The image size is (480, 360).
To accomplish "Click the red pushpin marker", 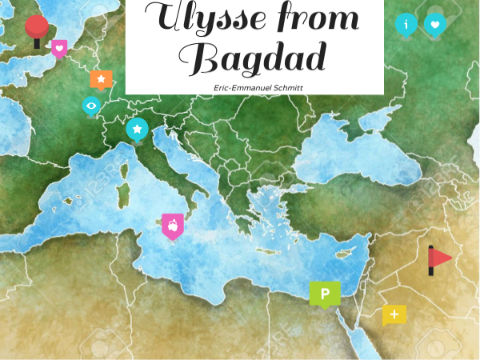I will pos(36,28).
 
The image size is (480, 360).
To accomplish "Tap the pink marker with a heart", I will pos(59,48).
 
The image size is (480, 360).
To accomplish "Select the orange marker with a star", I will pos(101,78).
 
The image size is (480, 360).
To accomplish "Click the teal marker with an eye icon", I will pos(92,105).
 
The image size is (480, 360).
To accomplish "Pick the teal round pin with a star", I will pos(138,128).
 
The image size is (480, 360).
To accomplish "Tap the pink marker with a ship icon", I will pos(172,226).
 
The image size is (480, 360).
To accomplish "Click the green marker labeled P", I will pos(325,294).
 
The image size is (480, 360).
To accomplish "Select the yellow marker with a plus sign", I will pos(394,314).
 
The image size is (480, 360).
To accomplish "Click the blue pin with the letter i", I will pos(406,24).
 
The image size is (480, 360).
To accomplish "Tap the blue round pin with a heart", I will pos(434,24).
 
